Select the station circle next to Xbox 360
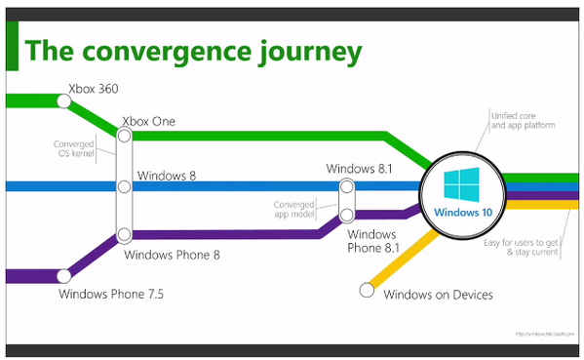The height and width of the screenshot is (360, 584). [64, 100]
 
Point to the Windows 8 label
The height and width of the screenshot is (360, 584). [167, 176]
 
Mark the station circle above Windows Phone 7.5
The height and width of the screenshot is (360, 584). [65, 276]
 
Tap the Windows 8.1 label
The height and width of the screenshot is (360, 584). [359, 169]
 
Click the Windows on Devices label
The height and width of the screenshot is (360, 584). [438, 294]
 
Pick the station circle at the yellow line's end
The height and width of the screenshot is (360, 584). [368, 288]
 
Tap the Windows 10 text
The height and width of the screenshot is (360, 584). [459, 212]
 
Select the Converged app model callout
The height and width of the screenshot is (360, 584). [299, 209]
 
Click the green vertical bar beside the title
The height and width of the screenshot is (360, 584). [12, 49]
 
